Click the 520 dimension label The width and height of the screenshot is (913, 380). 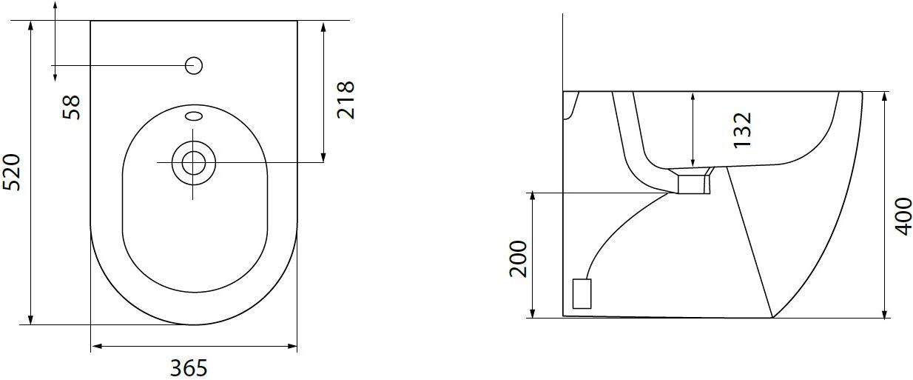(x=12, y=172)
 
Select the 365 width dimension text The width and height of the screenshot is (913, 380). (x=189, y=368)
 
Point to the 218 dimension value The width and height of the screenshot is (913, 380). (x=346, y=100)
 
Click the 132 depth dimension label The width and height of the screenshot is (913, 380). (x=742, y=130)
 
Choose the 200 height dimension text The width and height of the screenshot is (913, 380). (x=518, y=259)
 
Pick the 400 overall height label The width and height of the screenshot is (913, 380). (x=903, y=216)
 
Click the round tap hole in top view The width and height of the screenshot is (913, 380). (x=194, y=65)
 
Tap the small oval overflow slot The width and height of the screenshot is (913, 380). (x=194, y=116)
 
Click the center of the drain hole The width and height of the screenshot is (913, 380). (x=194, y=163)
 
